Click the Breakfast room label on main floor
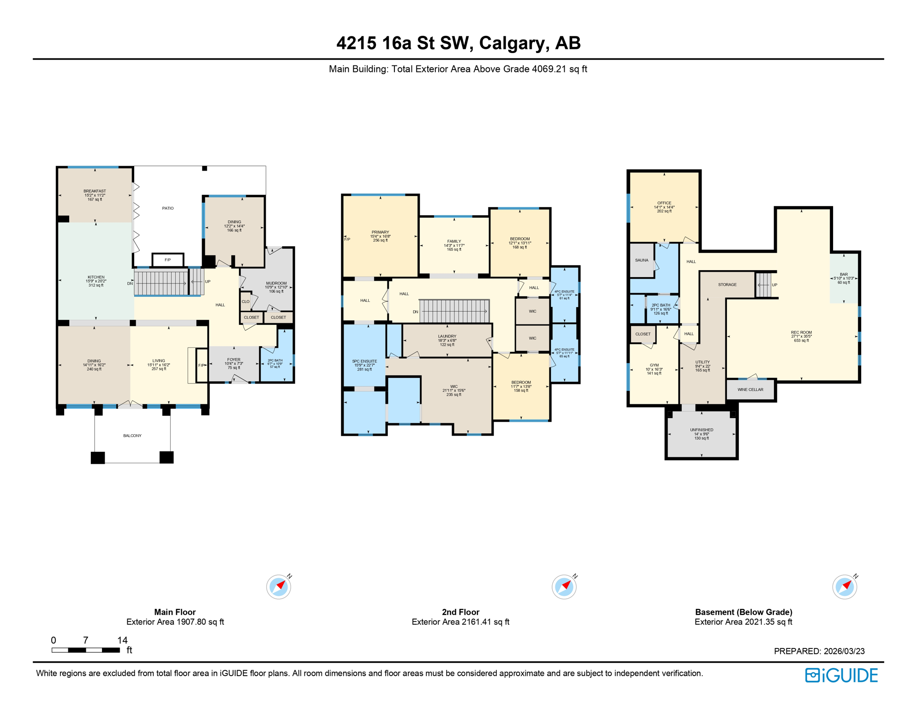tap(95, 191)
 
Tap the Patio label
tap(168, 208)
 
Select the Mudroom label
tap(276, 283)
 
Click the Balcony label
tap(132, 436)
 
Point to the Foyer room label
tap(234, 360)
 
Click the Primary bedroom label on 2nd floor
tap(381, 232)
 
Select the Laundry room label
tap(447, 336)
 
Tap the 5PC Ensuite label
tap(364, 361)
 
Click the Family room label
tap(454, 242)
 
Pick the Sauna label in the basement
tap(642, 260)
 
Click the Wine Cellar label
tap(750, 389)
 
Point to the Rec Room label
tap(801, 332)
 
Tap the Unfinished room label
tap(702, 430)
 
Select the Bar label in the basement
tap(844, 275)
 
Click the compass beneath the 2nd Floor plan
tap(564, 587)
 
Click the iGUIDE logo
tap(841, 675)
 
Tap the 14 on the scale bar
tap(122, 640)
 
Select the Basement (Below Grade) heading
tap(744, 612)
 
